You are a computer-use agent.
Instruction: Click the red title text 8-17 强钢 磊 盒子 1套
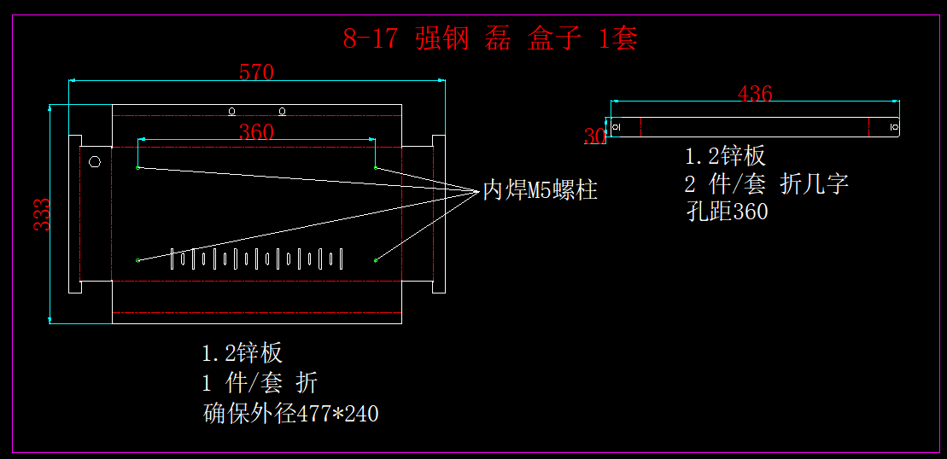coord(490,38)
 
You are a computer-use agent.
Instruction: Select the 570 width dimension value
coord(256,73)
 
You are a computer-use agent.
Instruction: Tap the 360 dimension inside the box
coord(256,131)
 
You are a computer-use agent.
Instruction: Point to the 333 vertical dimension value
coord(41,214)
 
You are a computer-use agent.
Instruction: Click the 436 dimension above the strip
coord(755,93)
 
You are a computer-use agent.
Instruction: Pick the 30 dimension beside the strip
coord(594,136)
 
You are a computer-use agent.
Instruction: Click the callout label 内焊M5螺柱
coord(541,190)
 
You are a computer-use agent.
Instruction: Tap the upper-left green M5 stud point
coord(137,168)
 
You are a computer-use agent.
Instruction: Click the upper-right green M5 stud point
coord(376,168)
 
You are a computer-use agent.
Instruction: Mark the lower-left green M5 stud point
coord(137,259)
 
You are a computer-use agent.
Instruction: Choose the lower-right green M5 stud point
coord(376,259)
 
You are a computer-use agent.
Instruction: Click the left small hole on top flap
coord(231,111)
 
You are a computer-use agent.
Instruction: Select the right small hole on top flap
coord(283,111)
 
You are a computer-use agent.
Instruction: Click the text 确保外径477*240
coord(291,414)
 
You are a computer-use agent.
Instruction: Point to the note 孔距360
coord(727,212)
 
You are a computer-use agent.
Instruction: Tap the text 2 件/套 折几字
coord(766,183)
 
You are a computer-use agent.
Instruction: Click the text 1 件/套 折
coord(260,383)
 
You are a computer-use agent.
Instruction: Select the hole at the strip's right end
coord(893,127)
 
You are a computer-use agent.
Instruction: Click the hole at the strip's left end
coord(617,127)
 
